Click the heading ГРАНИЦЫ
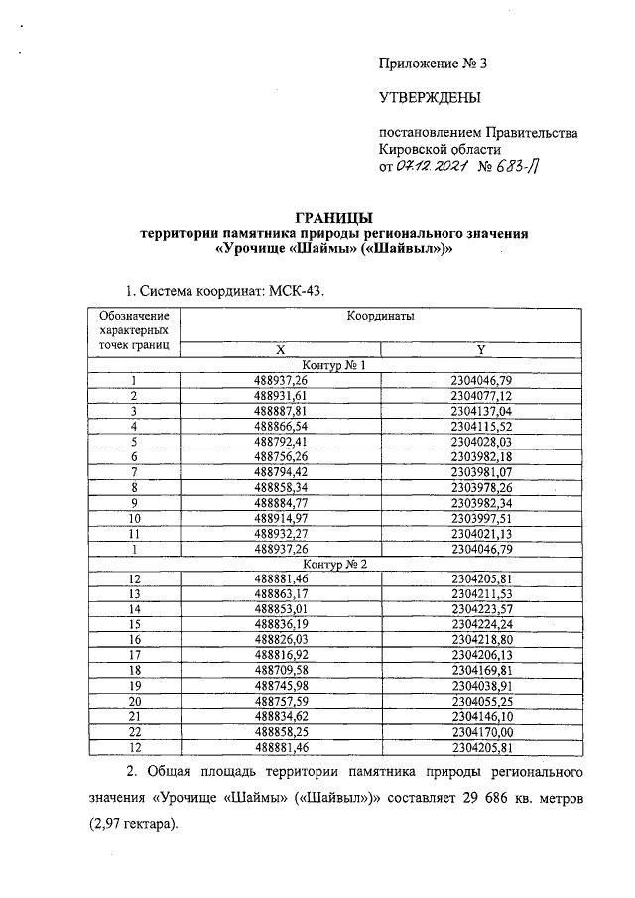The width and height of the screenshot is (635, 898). [x=334, y=217]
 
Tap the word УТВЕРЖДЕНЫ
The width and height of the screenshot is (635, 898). [x=430, y=97]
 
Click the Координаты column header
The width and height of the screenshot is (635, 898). [x=380, y=315]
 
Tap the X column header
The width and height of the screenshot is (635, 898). [x=280, y=349]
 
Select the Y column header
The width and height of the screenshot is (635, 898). [x=480, y=349]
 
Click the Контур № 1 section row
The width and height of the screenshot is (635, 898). [x=334, y=365]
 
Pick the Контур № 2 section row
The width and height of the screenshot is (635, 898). [x=334, y=563]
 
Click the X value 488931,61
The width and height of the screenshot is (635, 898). [x=281, y=396]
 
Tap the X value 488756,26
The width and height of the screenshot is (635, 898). [x=281, y=457]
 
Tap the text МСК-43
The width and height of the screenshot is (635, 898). [x=298, y=290]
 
